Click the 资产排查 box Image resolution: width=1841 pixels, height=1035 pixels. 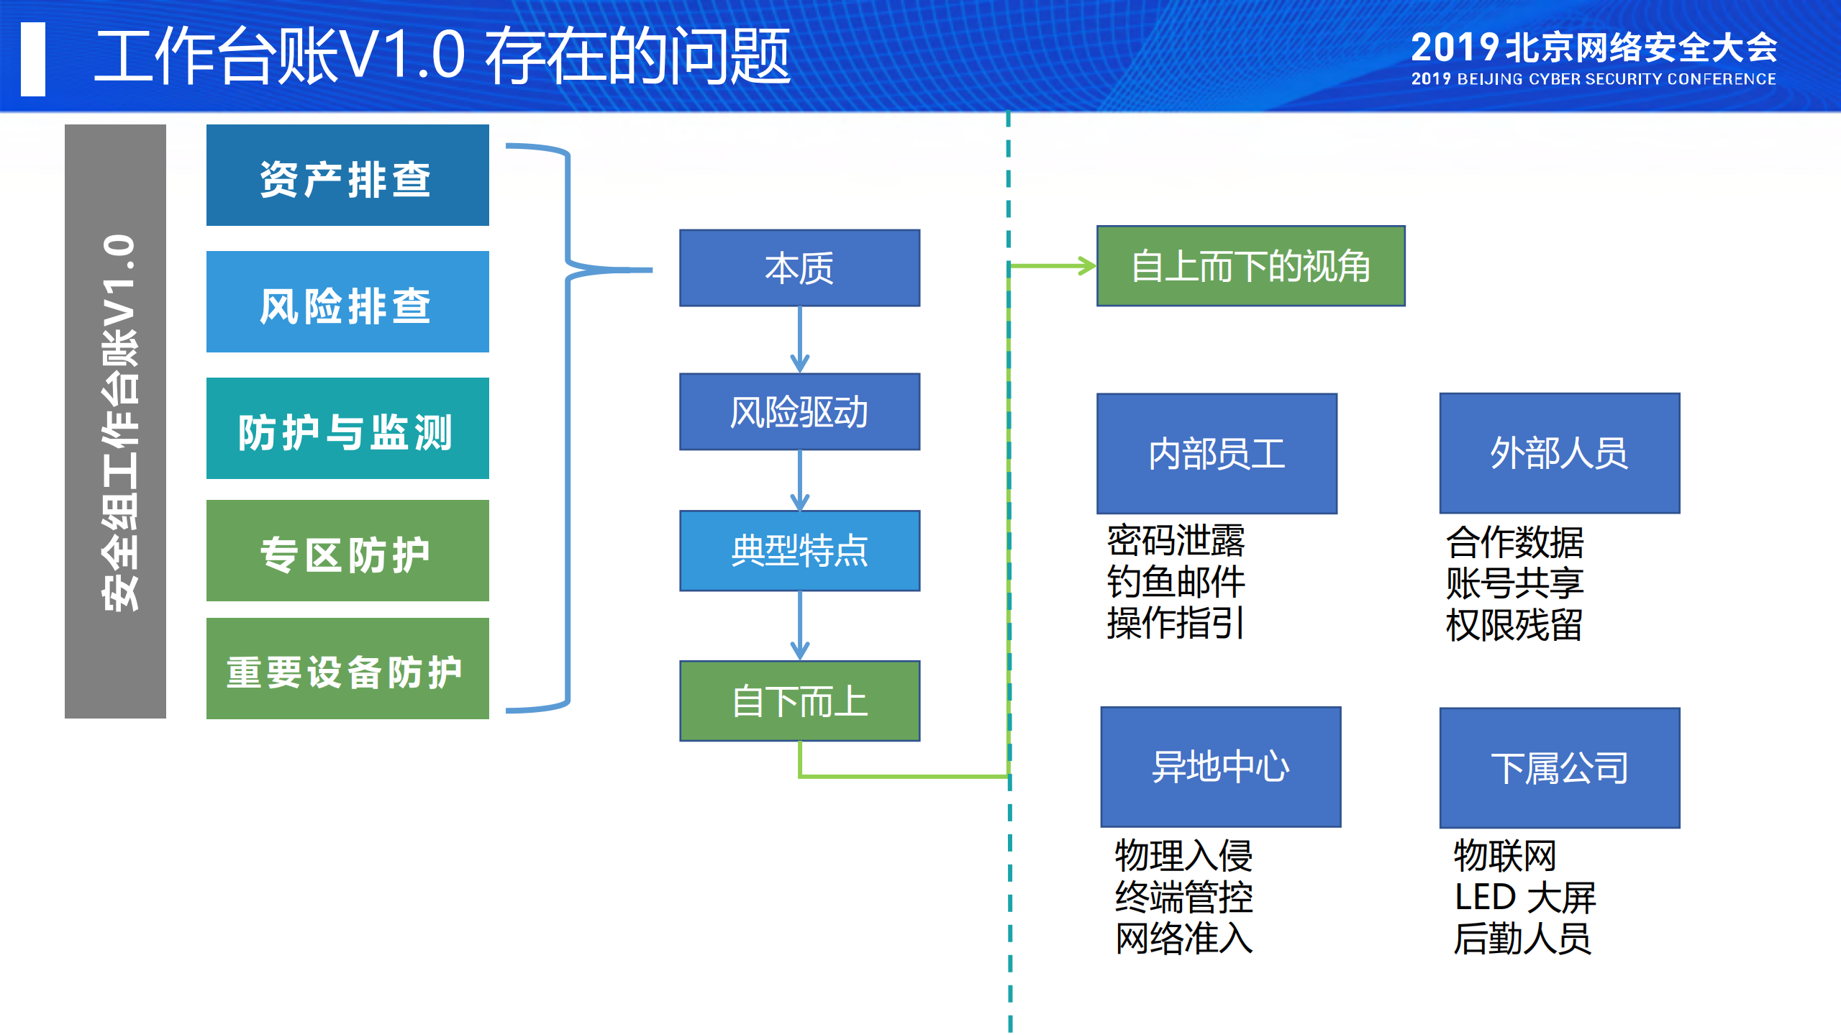tap(347, 175)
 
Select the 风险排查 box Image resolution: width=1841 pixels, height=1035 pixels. tap(347, 302)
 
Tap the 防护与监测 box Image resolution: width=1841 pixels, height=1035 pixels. tap(347, 429)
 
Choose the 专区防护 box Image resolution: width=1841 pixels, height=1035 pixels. tap(347, 551)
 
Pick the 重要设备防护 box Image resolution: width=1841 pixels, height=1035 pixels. tap(347, 669)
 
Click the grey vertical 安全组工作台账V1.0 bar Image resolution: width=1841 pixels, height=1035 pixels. tap(115, 421)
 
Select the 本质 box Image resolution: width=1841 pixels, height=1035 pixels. tap(799, 268)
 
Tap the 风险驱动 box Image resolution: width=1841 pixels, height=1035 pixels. tap(799, 412)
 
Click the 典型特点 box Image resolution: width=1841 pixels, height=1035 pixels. tap(799, 551)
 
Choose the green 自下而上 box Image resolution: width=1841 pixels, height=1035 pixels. tap(799, 701)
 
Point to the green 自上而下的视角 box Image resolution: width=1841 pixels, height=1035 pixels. tap(1250, 266)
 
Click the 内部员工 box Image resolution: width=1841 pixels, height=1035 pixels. tap(1217, 453)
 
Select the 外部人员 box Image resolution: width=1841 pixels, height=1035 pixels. tap(1559, 453)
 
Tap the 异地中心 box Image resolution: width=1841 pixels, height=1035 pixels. tap(1220, 767)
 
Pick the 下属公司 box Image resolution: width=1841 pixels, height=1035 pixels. tap(1559, 768)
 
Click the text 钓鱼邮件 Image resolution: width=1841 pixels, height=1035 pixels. tap(1176, 582)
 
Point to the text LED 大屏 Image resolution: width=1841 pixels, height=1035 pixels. tap(1524, 898)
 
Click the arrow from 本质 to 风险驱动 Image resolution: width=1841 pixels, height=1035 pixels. tap(800, 339)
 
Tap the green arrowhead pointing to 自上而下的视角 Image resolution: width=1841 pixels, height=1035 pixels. tap(1086, 266)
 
